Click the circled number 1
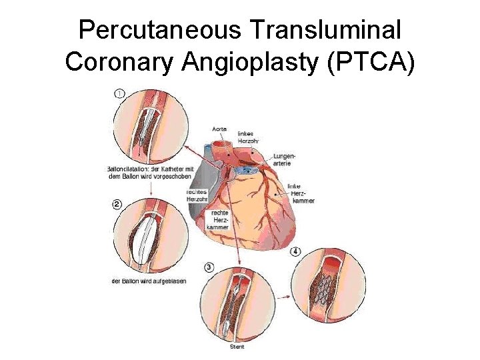[x=119, y=94]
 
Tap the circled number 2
[x=117, y=205]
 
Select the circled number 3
[x=209, y=267]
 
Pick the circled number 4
[x=295, y=251]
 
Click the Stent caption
[x=237, y=347]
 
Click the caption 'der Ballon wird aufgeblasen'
[x=148, y=281]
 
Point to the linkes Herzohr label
[x=247, y=137]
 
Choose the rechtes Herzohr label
[x=197, y=195]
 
